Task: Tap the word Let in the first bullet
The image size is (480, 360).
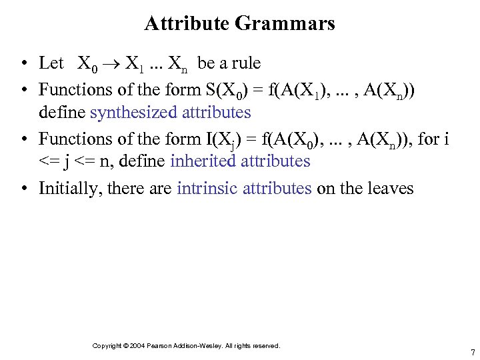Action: point(51,63)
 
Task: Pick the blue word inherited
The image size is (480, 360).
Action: point(202,161)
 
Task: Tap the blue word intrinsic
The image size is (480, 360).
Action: point(208,188)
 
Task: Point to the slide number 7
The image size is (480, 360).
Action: point(472,353)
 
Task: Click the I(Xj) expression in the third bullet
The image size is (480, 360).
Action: point(227,139)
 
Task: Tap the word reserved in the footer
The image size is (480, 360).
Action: point(266,345)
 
